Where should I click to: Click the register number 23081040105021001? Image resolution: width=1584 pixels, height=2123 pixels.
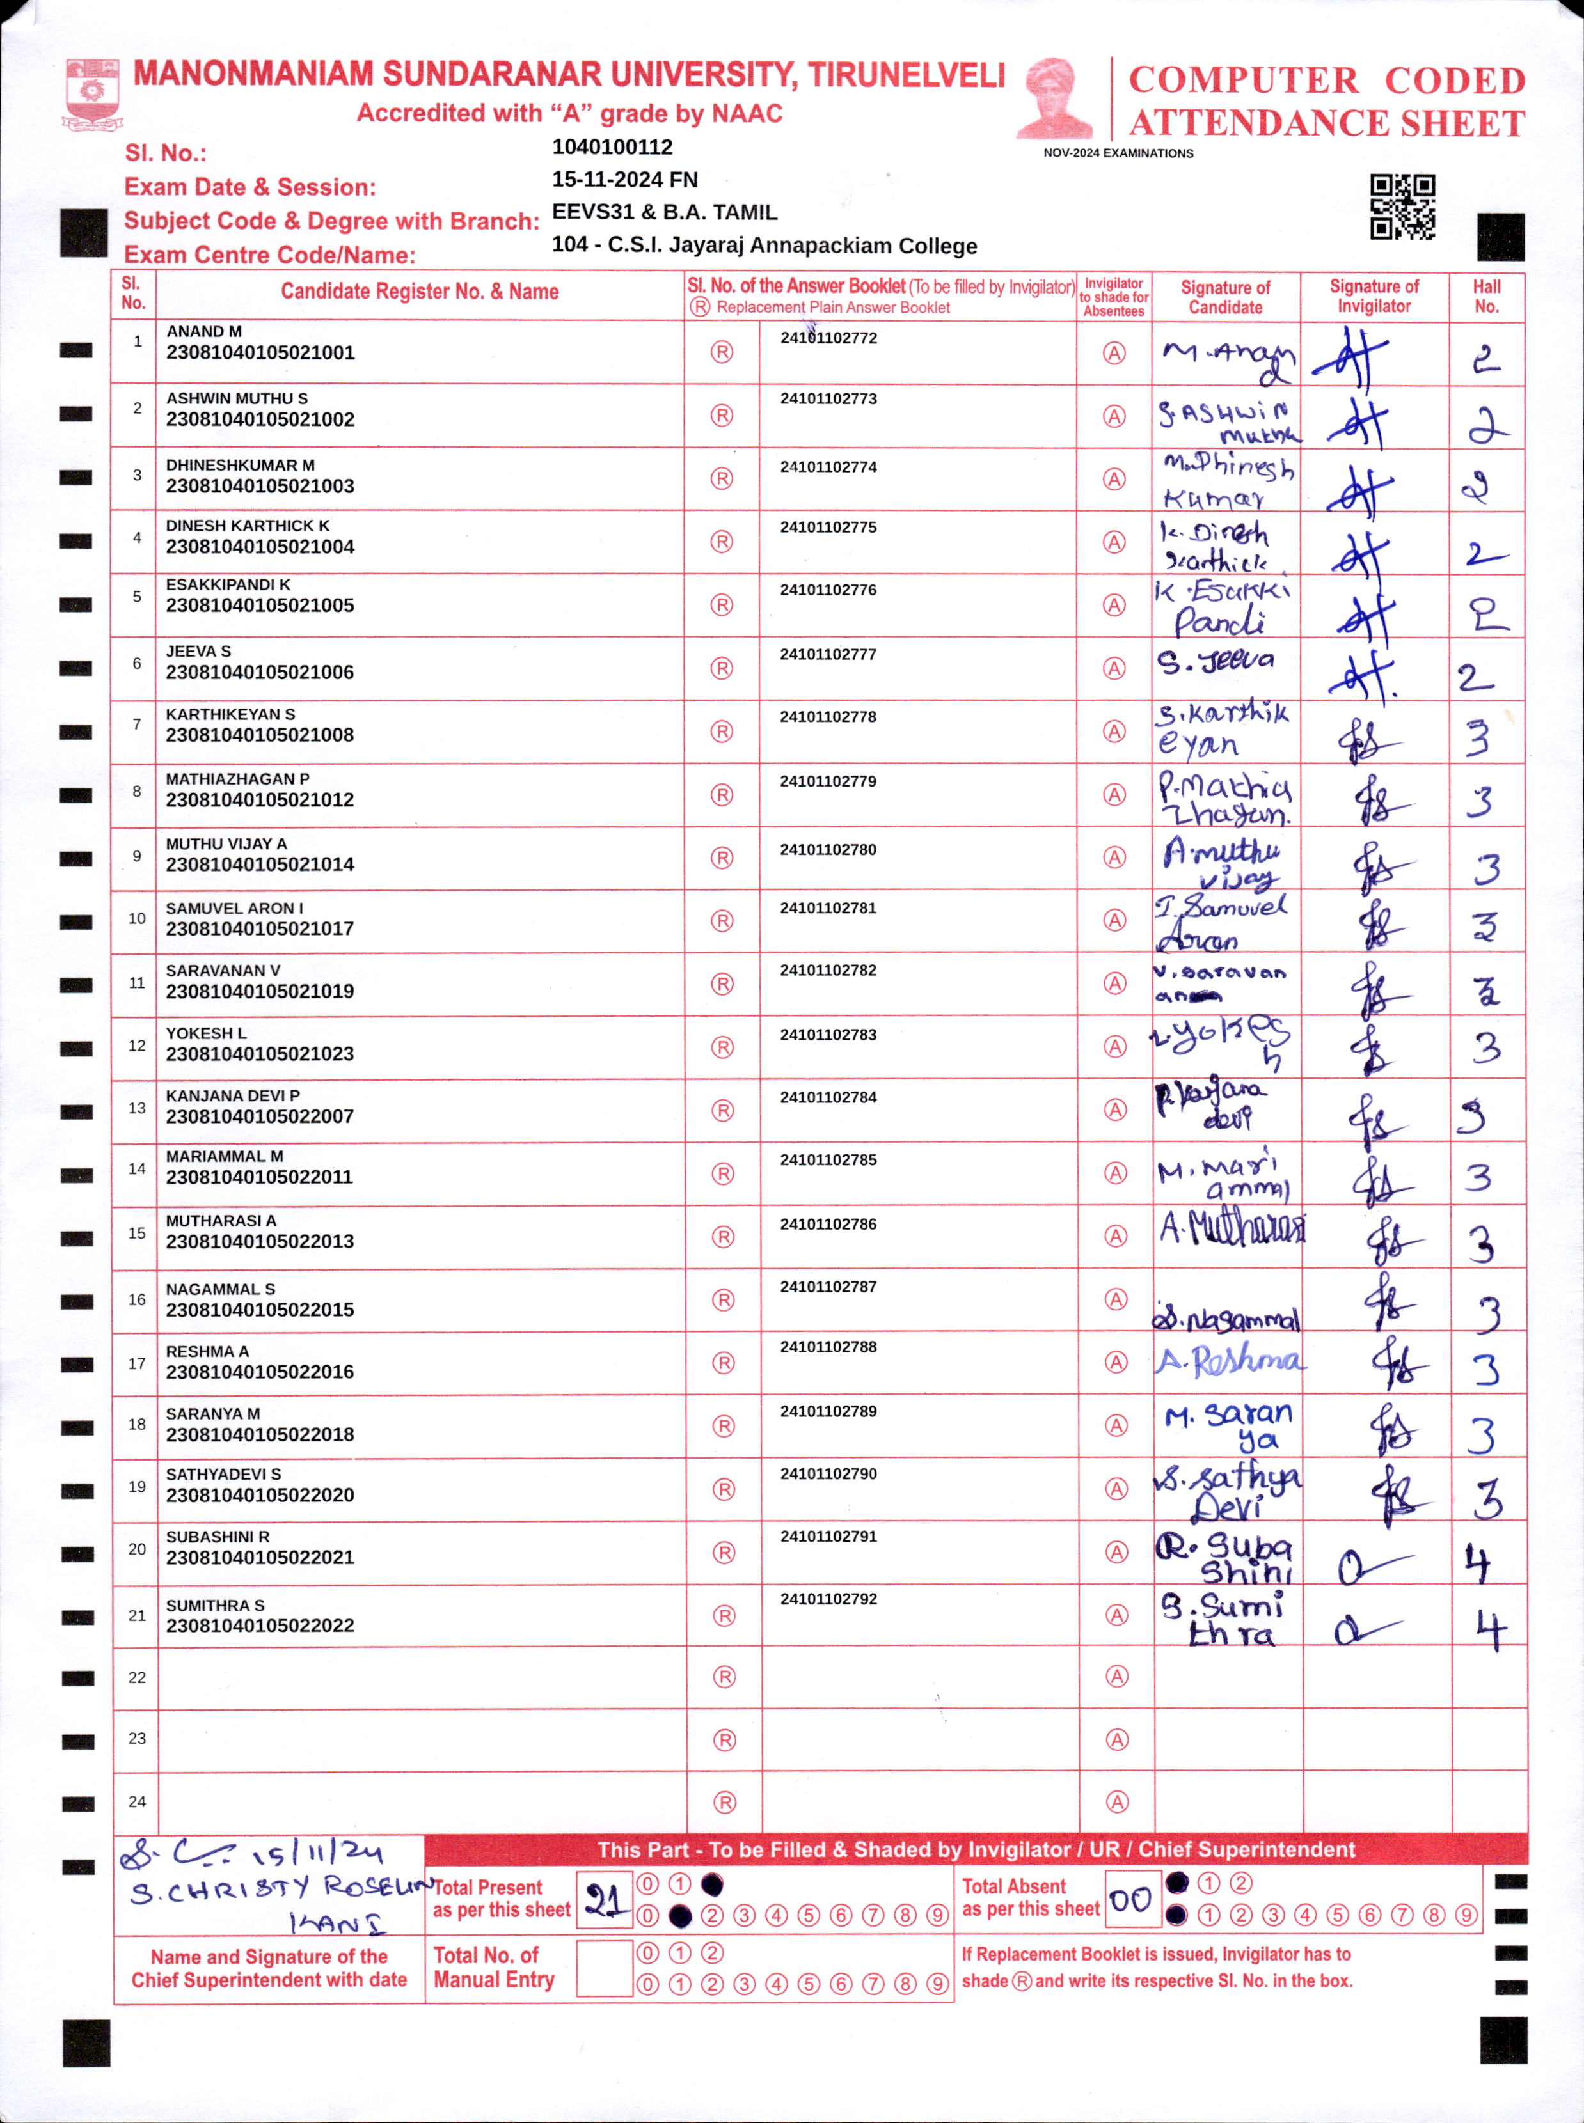pos(260,353)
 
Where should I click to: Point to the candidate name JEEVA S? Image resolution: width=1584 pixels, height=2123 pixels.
pos(198,652)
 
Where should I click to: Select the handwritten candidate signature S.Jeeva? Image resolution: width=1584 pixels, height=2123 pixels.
pos(1216,661)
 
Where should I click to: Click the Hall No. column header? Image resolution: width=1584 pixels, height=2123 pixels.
pos(1486,296)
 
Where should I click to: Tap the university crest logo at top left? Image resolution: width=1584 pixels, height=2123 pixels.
pos(92,94)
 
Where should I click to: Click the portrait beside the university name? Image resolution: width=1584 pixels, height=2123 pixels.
pos(1055,98)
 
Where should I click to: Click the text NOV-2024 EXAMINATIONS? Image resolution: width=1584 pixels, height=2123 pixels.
pos(1118,153)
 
